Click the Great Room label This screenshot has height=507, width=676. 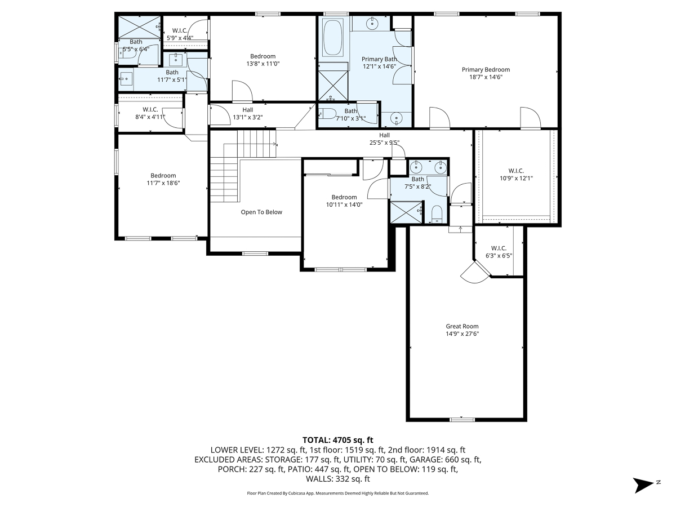[x=462, y=326]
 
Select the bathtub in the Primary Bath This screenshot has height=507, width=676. [x=332, y=38]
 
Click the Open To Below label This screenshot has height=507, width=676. [x=261, y=212]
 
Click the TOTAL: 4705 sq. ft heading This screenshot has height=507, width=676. [x=338, y=440]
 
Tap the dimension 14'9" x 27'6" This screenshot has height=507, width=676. [x=462, y=334]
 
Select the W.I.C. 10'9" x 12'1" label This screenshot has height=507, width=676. [x=516, y=174]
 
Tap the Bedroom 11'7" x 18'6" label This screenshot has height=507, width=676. [x=163, y=179]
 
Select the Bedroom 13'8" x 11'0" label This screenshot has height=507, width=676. [x=263, y=60]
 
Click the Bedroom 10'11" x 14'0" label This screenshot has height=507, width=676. [x=344, y=201]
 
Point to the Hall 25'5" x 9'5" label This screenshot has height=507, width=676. [x=384, y=139]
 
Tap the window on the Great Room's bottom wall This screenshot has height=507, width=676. [x=462, y=419]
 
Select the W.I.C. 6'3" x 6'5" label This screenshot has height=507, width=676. [x=499, y=252]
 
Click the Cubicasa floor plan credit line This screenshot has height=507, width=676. [x=338, y=493]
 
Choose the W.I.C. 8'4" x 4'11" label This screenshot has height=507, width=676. [x=150, y=113]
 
